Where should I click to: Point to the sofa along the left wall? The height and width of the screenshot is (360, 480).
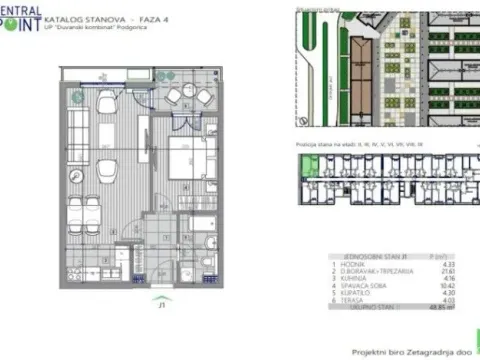click(x=79, y=125)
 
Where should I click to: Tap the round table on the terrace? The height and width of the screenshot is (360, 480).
click(x=181, y=97)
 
